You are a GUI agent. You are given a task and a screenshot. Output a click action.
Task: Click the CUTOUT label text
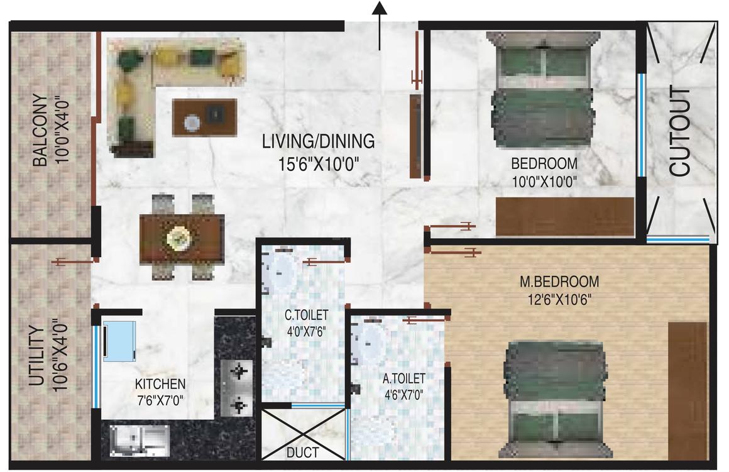click(680, 131)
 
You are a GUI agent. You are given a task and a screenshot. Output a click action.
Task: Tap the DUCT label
click(303, 452)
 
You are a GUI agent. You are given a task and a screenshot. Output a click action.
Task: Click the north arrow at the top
click(380, 25)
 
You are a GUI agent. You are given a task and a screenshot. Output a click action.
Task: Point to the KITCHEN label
click(160, 384)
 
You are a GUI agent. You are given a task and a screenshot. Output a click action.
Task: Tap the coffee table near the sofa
click(205, 117)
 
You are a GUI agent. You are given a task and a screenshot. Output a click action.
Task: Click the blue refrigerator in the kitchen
click(119, 341)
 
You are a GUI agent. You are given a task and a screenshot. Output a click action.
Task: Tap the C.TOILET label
click(307, 316)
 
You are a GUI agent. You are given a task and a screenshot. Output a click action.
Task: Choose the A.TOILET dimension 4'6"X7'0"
click(404, 395)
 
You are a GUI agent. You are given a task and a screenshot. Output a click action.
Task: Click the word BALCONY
click(40, 131)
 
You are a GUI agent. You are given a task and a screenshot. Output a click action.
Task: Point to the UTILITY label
click(36, 356)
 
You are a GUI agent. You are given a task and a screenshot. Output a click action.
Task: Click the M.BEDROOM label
click(559, 282)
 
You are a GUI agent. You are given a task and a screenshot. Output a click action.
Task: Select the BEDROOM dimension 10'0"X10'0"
click(544, 181)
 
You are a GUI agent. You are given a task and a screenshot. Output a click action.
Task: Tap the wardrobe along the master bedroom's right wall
click(688, 389)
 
